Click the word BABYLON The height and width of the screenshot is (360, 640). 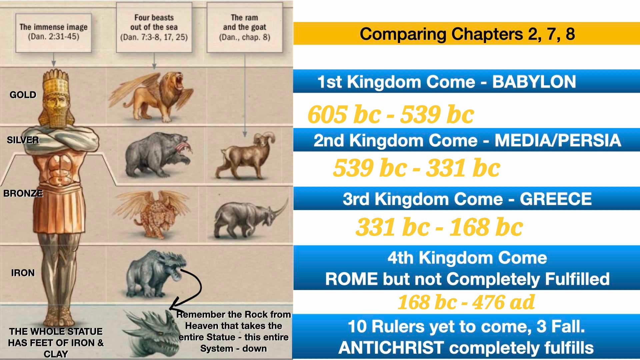tap(534, 82)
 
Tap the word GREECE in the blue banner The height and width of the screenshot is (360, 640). tap(556, 199)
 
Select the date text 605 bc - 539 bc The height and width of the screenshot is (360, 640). tap(391, 114)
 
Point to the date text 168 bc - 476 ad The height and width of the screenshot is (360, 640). tap(466, 302)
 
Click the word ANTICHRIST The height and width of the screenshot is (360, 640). tap(391, 348)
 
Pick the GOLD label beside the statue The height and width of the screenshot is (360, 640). tap(23, 95)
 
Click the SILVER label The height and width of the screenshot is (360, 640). tap(23, 140)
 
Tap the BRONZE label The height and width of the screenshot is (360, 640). tap(23, 193)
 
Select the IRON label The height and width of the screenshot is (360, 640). tap(23, 273)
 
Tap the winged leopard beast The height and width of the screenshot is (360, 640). tap(152, 213)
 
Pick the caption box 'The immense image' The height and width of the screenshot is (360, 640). tap(53, 32)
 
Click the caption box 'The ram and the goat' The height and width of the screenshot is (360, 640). tap(244, 27)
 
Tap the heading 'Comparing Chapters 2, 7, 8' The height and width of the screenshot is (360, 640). tap(467, 34)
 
